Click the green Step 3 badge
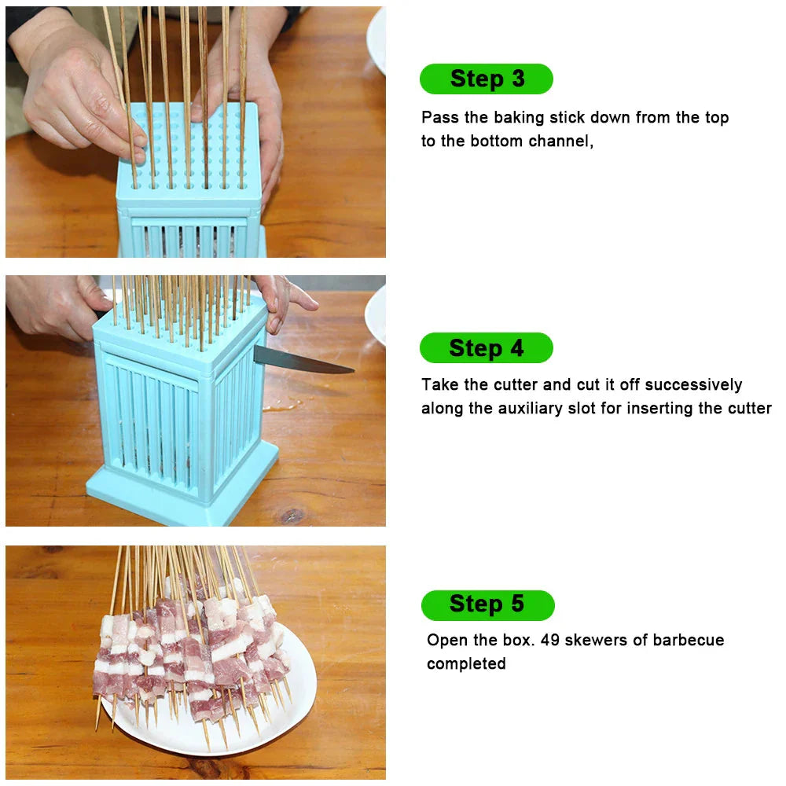(x=487, y=79)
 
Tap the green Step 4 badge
(x=486, y=348)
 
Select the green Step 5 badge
(x=487, y=604)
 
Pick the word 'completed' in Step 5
(x=466, y=664)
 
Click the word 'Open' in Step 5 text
(x=445, y=641)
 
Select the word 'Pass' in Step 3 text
(x=437, y=118)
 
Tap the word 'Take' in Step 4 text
(x=439, y=385)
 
